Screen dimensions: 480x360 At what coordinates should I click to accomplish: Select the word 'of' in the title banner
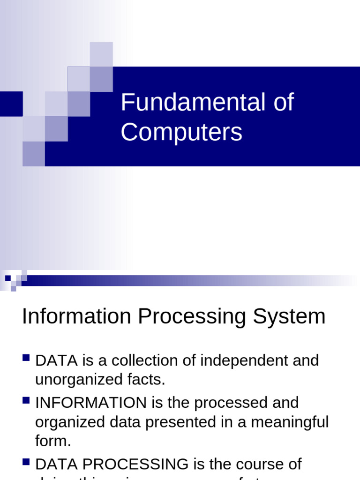pos(284,103)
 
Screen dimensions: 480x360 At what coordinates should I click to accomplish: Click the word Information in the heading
pos(76,316)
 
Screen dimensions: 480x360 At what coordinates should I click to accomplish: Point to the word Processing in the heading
pos(191,316)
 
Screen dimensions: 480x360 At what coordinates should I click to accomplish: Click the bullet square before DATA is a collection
pos(26,359)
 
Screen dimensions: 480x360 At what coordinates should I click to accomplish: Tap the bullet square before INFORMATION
pos(26,401)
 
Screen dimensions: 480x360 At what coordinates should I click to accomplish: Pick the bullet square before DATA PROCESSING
pos(26,463)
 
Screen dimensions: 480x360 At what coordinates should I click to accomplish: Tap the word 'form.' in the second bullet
pos(53,441)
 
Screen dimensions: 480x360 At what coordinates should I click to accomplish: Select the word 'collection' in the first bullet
pos(133,360)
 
